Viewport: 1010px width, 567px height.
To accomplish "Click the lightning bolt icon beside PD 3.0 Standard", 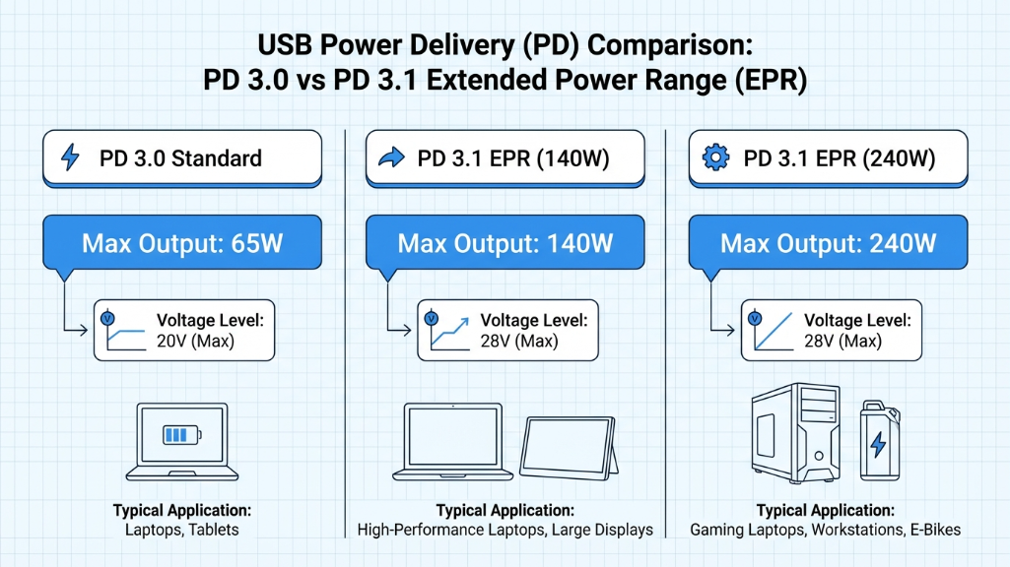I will (70, 158).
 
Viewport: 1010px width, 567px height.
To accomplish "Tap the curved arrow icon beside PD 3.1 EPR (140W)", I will (391, 158).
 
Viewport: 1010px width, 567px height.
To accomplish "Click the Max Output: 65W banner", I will (182, 243).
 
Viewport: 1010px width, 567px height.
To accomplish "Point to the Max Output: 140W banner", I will (505, 243).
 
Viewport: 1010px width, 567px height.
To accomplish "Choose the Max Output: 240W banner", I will (828, 243).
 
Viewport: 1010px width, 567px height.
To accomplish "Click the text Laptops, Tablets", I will (182, 530).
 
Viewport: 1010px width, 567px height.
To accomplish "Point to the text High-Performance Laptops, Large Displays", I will (505, 530).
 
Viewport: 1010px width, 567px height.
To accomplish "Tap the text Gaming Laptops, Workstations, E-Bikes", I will (826, 530).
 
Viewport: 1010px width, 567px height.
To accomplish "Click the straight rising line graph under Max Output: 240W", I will (769, 331).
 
